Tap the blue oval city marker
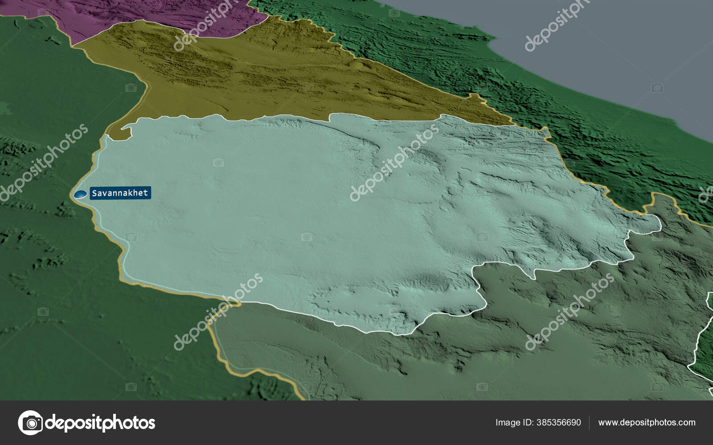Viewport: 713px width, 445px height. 81,194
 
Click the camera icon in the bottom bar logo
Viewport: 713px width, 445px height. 30,422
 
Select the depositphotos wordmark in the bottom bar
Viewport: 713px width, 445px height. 100,422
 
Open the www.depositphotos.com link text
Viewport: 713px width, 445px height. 647,422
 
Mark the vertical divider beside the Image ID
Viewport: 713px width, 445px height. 590,422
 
